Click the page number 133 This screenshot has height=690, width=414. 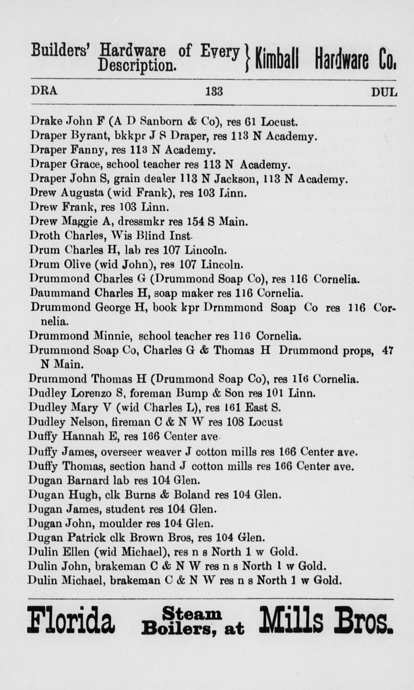[214, 92]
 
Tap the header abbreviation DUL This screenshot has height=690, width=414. [384, 92]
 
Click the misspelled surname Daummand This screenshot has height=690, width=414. [60, 293]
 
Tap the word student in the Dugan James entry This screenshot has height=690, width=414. [125, 509]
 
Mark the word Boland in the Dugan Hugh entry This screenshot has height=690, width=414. [192, 495]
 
